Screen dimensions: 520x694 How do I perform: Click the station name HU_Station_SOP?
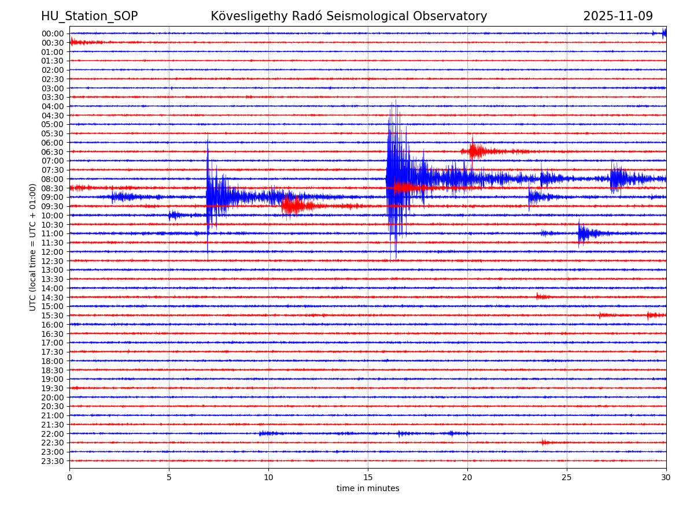point(89,16)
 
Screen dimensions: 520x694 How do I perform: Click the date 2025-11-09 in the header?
point(618,16)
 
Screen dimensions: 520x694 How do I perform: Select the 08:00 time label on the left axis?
point(53,179)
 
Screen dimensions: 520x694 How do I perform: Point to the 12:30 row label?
point(53,261)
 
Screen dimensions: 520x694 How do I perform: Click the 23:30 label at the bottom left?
point(53,461)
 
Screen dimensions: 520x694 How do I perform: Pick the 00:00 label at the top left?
point(53,34)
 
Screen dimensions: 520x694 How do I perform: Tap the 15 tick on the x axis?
point(368,477)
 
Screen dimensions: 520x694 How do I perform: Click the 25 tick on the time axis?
point(567,477)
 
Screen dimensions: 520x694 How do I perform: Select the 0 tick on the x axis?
point(69,477)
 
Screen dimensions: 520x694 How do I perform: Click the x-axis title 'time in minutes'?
point(368,489)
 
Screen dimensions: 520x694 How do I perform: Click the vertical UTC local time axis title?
point(33,247)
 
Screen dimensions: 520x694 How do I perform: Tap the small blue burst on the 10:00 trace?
point(173,216)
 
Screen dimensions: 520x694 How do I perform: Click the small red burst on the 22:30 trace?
point(544,443)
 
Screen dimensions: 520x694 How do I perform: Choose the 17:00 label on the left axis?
point(53,343)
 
